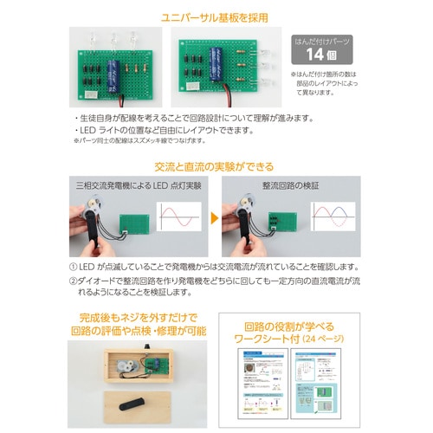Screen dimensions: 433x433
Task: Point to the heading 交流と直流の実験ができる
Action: click(x=216, y=166)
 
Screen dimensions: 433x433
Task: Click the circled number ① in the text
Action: click(x=72, y=267)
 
